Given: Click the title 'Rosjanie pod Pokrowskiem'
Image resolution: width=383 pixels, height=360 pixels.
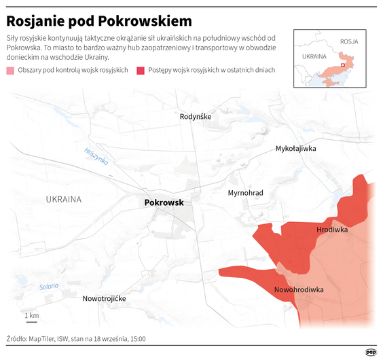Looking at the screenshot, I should click(x=99, y=21).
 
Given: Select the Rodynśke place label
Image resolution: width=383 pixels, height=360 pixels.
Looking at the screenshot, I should click(x=196, y=117).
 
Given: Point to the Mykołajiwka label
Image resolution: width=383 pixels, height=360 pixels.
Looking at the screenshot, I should click(x=295, y=148).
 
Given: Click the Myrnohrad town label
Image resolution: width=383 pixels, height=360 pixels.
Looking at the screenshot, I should click(x=245, y=193).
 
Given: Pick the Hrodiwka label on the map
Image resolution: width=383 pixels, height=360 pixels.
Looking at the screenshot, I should click(x=332, y=230).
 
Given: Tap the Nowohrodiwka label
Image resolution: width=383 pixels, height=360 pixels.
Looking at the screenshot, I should click(x=298, y=290).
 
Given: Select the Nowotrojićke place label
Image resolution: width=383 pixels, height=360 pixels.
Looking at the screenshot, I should click(x=104, y=299).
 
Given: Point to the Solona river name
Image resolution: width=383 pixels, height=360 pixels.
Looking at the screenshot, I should click(x=49, y=286).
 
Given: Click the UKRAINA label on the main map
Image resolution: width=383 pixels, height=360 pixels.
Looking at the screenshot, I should click(x=64, y=200).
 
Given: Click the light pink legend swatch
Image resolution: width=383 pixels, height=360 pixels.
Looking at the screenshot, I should click(x=10, y=71).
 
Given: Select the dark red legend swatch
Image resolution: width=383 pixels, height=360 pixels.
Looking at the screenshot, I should click(x=141, y=71).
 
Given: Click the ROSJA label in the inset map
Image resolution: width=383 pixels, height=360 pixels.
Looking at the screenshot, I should click(x=349, y=41).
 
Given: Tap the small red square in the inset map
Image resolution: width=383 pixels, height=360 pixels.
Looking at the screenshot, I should click(x=342, y=65).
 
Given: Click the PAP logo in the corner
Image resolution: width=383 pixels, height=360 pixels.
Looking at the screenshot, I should click(x=371, y=351).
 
